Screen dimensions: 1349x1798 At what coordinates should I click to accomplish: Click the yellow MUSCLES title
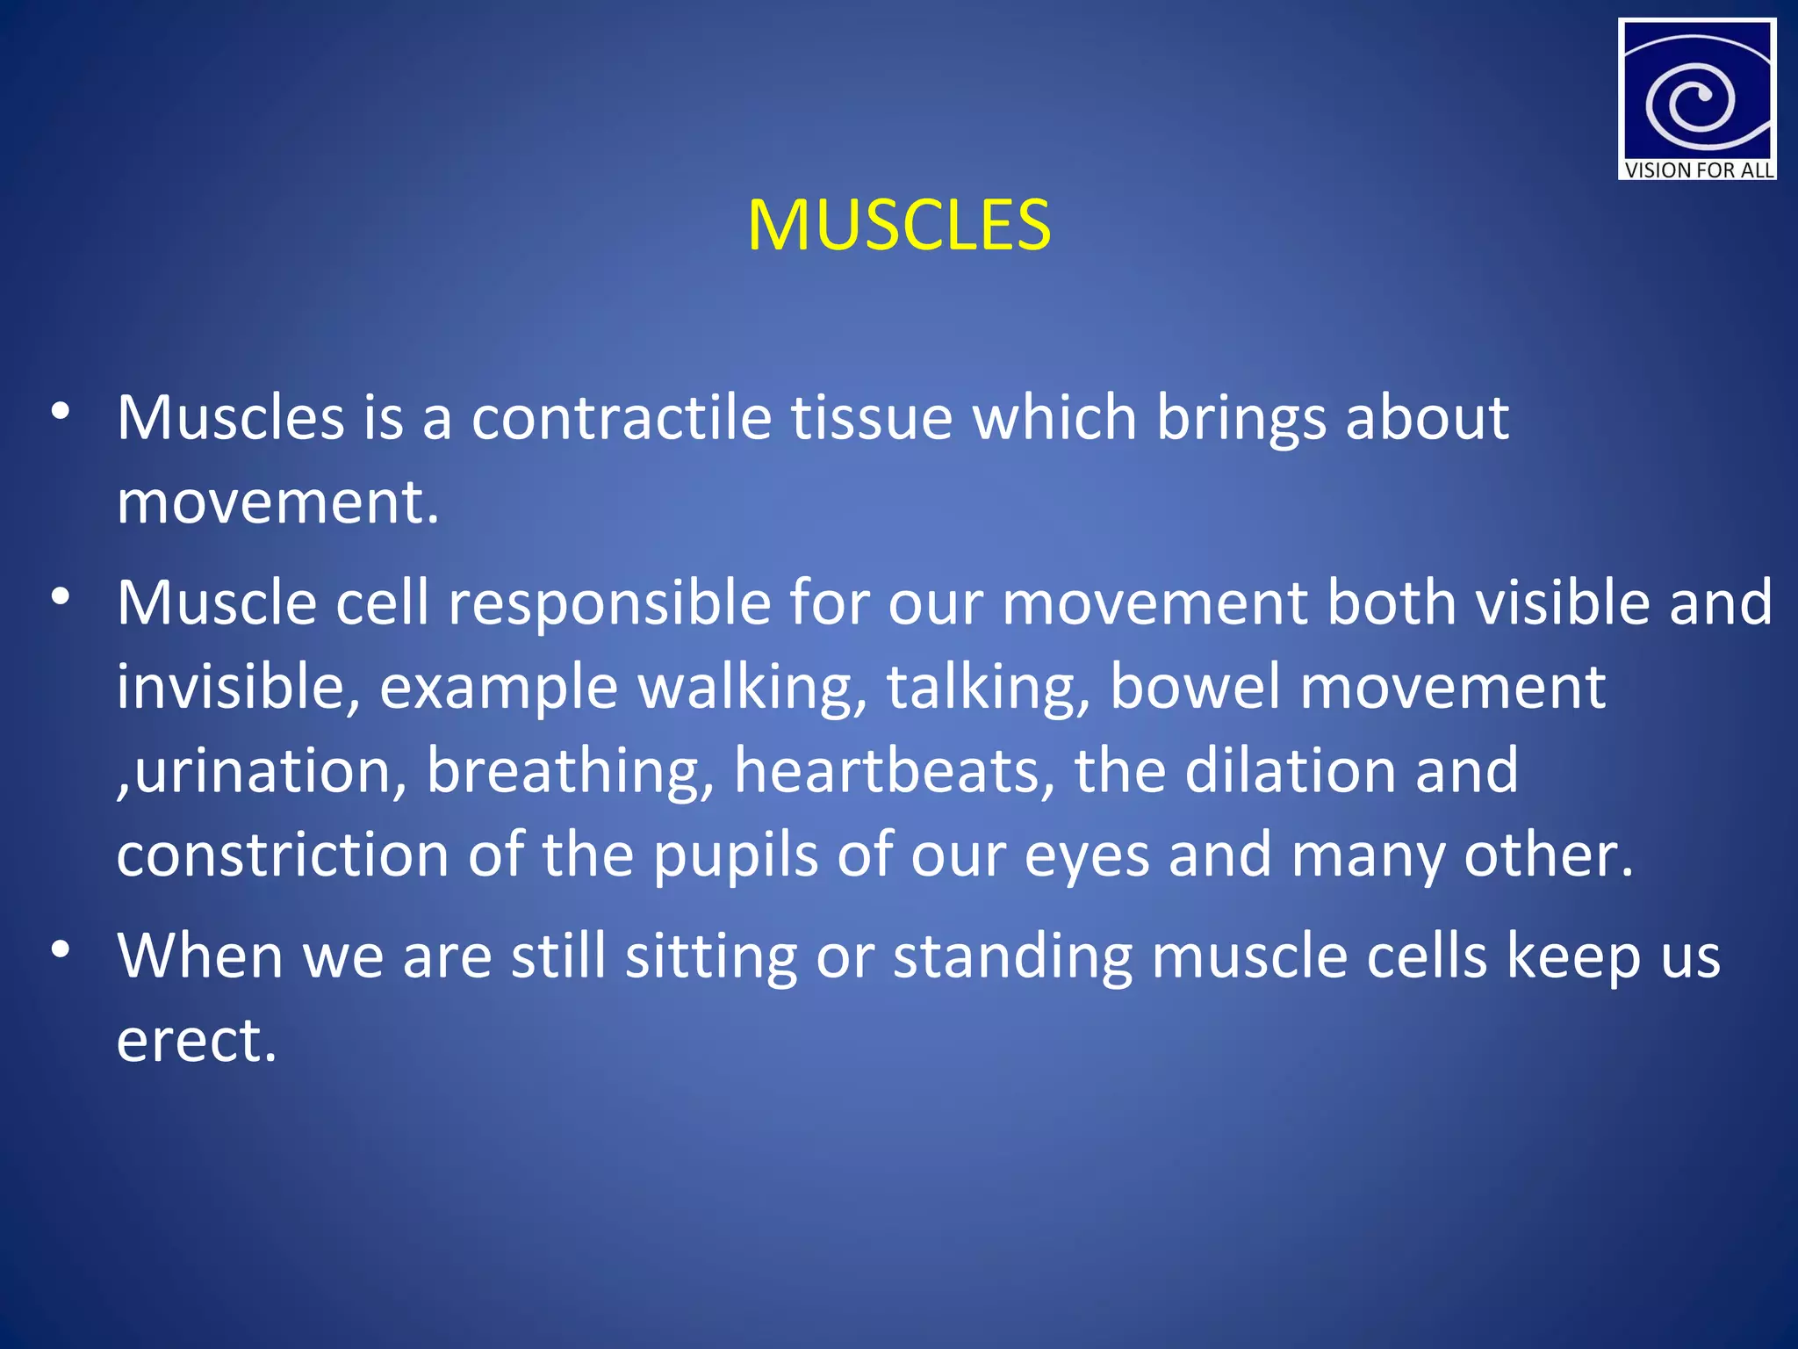(x=898, y=226)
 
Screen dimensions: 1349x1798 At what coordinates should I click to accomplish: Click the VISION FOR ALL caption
(x=1698, y=170)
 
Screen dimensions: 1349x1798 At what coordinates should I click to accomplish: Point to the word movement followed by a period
(x=277, y=502)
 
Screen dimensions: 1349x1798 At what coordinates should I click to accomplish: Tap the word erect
(x=197, y=1042)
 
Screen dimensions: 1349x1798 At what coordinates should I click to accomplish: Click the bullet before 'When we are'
(x=61, y=950)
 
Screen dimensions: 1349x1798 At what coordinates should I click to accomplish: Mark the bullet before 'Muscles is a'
(x=61, y=412)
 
